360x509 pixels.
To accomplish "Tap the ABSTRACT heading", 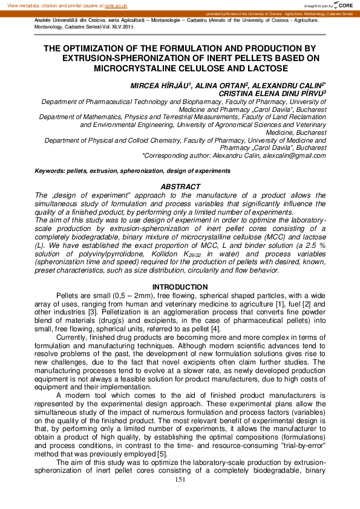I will (x=180, y=187).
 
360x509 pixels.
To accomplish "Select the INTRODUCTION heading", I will (x=180, y=287).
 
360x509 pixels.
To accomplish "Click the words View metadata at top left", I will (x=23, y=4).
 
